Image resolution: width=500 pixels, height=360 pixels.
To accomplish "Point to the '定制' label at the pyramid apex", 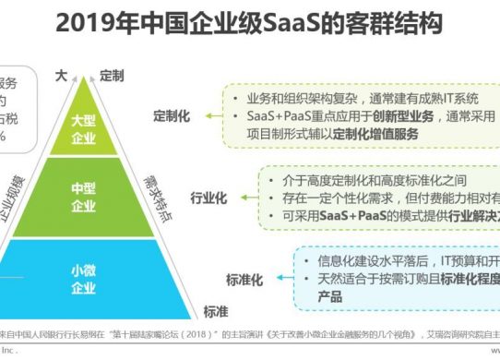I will [113, 74].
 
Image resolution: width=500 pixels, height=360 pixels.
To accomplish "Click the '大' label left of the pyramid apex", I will [62, 74].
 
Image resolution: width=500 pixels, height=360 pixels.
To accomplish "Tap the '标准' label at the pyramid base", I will [216, 311].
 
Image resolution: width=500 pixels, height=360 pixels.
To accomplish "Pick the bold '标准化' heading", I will [245, 278].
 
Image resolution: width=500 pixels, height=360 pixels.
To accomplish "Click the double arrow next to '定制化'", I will [212, 117].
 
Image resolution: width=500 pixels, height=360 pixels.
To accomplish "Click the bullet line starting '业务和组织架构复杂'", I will [360, 98].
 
